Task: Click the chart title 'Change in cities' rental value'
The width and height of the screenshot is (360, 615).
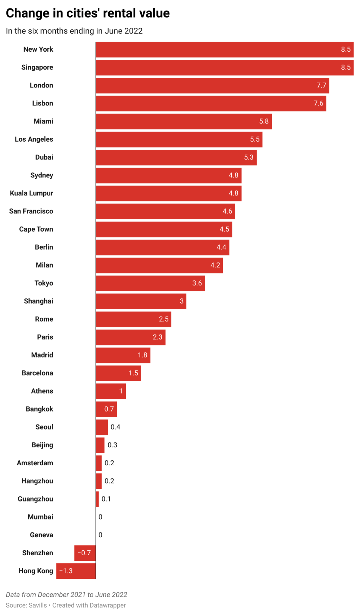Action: click(88, 13)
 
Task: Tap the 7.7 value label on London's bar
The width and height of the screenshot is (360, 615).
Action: click(321, 85)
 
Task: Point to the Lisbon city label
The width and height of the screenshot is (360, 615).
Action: click(43, 103)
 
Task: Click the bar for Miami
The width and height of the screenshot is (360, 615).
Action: click(184, 122)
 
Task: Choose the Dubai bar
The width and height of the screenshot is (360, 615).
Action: click(176, 157)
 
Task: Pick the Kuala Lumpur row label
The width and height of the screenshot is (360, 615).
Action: click(32, 193)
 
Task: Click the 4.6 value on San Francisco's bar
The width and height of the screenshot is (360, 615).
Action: click(227, 211)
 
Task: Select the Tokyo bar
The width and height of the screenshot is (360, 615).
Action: click(150, 283)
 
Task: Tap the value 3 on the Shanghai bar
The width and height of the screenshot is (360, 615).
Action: click(182, 301)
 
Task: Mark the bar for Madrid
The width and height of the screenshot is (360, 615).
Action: click(123, 355)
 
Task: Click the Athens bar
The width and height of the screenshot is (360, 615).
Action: click(111, 391)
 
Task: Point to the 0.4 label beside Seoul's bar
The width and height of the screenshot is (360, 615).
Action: click(115, 427)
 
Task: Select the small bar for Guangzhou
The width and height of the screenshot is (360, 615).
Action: click(97, 499)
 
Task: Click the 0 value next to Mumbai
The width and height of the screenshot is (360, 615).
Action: click(101, 517)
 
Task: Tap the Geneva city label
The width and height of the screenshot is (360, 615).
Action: click(41, 535)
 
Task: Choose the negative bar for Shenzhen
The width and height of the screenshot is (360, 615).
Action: click(85, 553)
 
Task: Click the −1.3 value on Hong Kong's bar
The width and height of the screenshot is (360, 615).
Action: click(66, 571)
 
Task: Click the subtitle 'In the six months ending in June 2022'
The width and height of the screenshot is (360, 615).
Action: click(74, 31)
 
